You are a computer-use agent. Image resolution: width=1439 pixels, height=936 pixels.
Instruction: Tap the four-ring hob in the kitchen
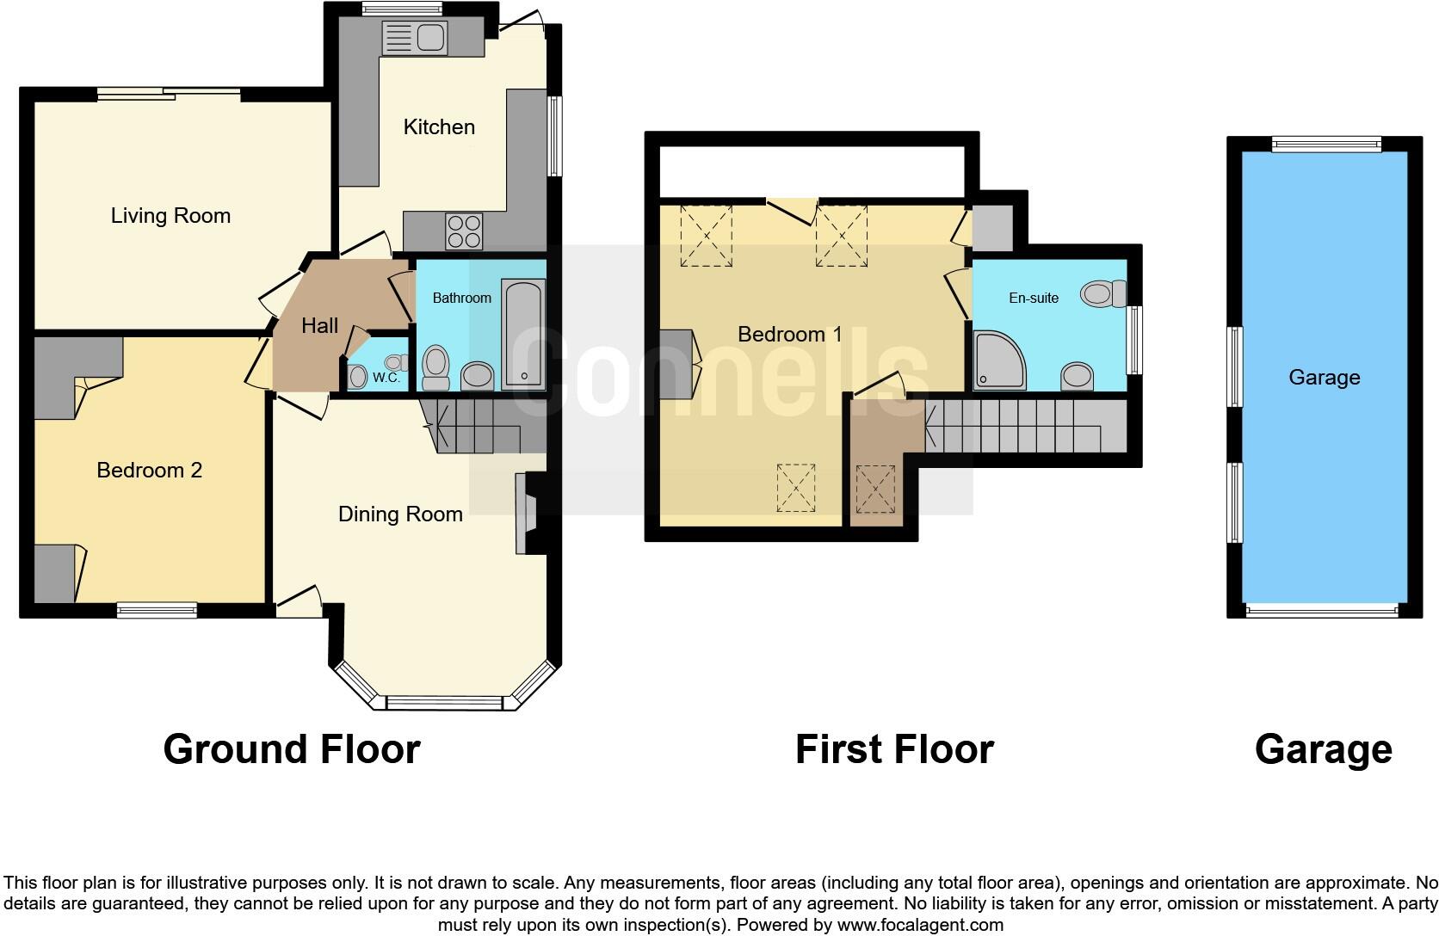tap(464, 231)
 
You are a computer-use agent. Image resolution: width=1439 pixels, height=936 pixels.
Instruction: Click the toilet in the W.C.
tap(358, 376)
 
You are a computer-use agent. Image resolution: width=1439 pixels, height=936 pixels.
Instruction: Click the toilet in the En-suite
tap(1102, 294)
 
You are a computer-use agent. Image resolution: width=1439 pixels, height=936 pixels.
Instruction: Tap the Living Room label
tap(170, 215)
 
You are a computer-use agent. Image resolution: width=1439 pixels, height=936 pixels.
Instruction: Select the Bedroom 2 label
tap(149, 470)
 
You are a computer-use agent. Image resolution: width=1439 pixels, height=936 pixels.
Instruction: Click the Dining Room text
tap(400, 514)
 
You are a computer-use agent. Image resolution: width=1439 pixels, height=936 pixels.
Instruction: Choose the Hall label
tap(319, 325)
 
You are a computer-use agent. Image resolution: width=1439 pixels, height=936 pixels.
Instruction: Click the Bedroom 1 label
tap(789, 334)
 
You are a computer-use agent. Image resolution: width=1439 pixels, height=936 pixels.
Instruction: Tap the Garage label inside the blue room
tap(1324, 377)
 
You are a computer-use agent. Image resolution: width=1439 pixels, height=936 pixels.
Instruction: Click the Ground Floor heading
tap(291, 748)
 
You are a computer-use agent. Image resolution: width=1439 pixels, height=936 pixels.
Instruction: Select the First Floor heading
tap(894, 748)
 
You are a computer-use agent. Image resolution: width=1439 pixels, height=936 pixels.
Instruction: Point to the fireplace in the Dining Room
tap(525, 514)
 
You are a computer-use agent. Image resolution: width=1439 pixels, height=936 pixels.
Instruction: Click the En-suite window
tap(1135, 340)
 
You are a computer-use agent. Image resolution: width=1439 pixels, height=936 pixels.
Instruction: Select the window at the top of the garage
tap(1326, 145)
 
